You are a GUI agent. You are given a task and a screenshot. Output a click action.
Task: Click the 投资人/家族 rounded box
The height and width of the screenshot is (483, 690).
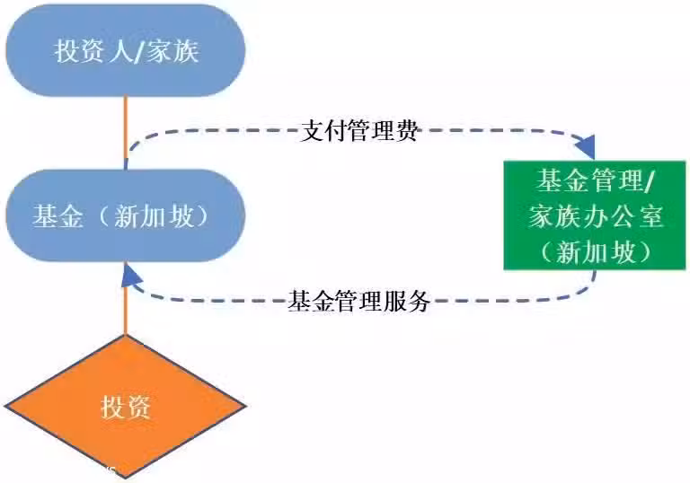[126, 50]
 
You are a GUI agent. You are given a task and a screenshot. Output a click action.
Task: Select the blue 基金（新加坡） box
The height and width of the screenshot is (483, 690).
[126, 215]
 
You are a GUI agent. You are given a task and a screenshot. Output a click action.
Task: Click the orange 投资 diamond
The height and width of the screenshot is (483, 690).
[126, 407]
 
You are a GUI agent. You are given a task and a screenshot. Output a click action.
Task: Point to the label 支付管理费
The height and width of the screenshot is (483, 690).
[359, 131]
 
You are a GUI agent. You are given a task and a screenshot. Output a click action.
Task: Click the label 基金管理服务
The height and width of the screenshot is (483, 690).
[359, 302]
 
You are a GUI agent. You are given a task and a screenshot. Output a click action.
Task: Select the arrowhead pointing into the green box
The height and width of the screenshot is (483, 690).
[588, 147]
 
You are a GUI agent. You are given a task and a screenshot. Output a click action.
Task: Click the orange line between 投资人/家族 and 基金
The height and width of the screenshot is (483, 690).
[126, 133]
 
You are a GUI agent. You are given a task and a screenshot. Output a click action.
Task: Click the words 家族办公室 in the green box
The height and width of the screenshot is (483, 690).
[596, 216]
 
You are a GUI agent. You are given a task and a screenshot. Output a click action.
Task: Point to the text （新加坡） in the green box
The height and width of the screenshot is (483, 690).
[596, 252]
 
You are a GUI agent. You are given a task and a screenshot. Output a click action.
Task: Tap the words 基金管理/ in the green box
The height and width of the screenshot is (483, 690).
[596, 180]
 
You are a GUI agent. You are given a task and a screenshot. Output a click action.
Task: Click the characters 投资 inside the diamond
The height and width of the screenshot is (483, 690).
[126, 407]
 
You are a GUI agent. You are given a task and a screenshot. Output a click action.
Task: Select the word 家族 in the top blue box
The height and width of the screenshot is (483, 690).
[172, 50]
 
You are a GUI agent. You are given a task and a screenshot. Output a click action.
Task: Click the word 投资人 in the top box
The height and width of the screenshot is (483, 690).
[93, 50]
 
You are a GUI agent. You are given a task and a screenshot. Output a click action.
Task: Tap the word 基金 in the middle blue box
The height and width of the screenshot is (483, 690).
[57, 216]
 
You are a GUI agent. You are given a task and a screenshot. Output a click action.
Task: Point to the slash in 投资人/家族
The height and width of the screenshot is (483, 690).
[139, 51]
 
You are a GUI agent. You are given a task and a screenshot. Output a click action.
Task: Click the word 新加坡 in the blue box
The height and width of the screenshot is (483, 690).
[154, 216]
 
